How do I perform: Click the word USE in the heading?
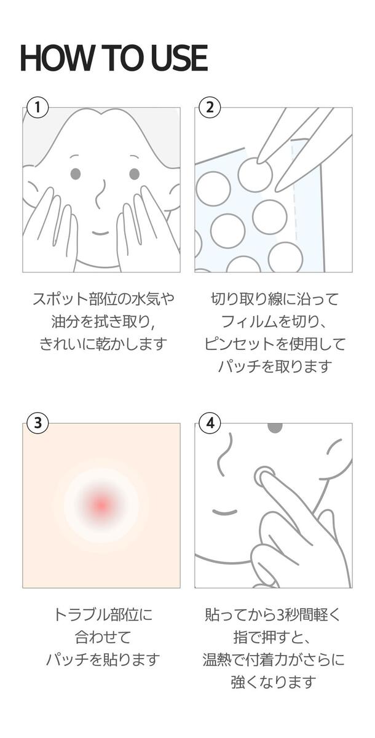click(x=179, y=58)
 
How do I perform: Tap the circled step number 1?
click(x=37, y=108)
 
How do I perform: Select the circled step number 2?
click(x=210, y=108)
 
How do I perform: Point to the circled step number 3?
click(x=37, y=423)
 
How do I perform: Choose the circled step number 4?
click(x=210, y=423)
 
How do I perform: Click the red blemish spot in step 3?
click(x=101, y=505)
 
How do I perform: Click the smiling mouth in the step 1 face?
click(x=100, y=234)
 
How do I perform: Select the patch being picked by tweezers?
click(x=255, y=175)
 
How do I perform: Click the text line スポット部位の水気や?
click(x=103, y=299)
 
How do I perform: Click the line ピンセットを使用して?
click(x=275, y=344)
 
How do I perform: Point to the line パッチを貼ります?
click(x=103, y=659)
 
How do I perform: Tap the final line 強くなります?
click(x=274, y=682)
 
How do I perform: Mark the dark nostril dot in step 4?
click(x=275, y=427)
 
